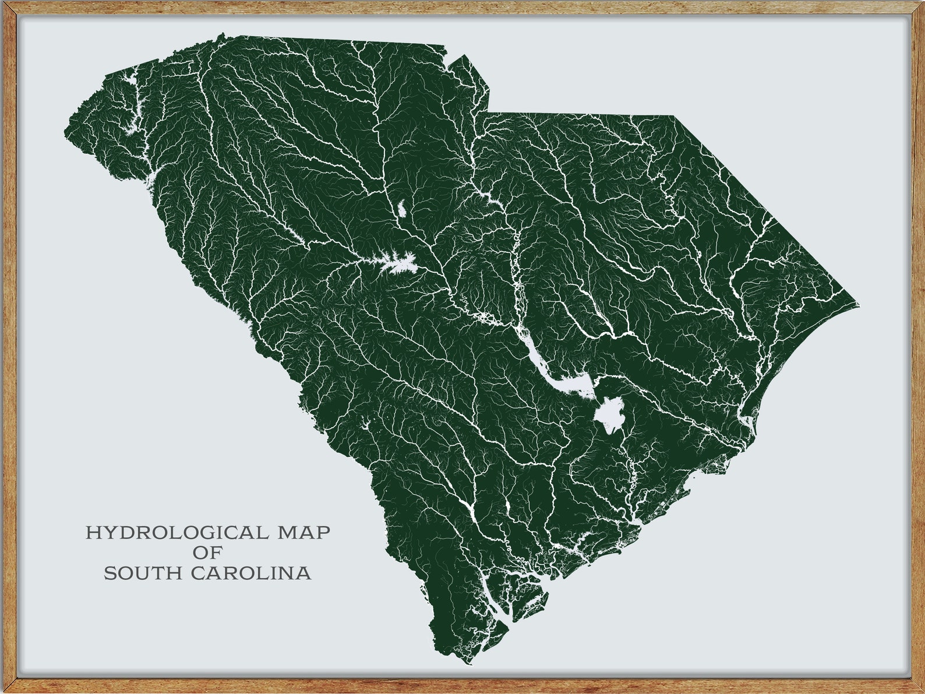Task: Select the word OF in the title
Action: [208, 553]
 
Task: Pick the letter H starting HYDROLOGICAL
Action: [92, 533]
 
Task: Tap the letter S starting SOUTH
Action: [110, 573]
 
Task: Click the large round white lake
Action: [609, 415]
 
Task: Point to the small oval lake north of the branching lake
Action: [402, 208]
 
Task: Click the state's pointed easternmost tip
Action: [859, 305]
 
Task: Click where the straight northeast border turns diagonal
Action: [674, 116]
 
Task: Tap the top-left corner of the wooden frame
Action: [5, 5]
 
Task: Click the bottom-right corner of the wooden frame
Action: [920, 689]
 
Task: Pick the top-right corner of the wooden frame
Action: [920, 5]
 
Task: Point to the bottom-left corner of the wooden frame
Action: [5, 689]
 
